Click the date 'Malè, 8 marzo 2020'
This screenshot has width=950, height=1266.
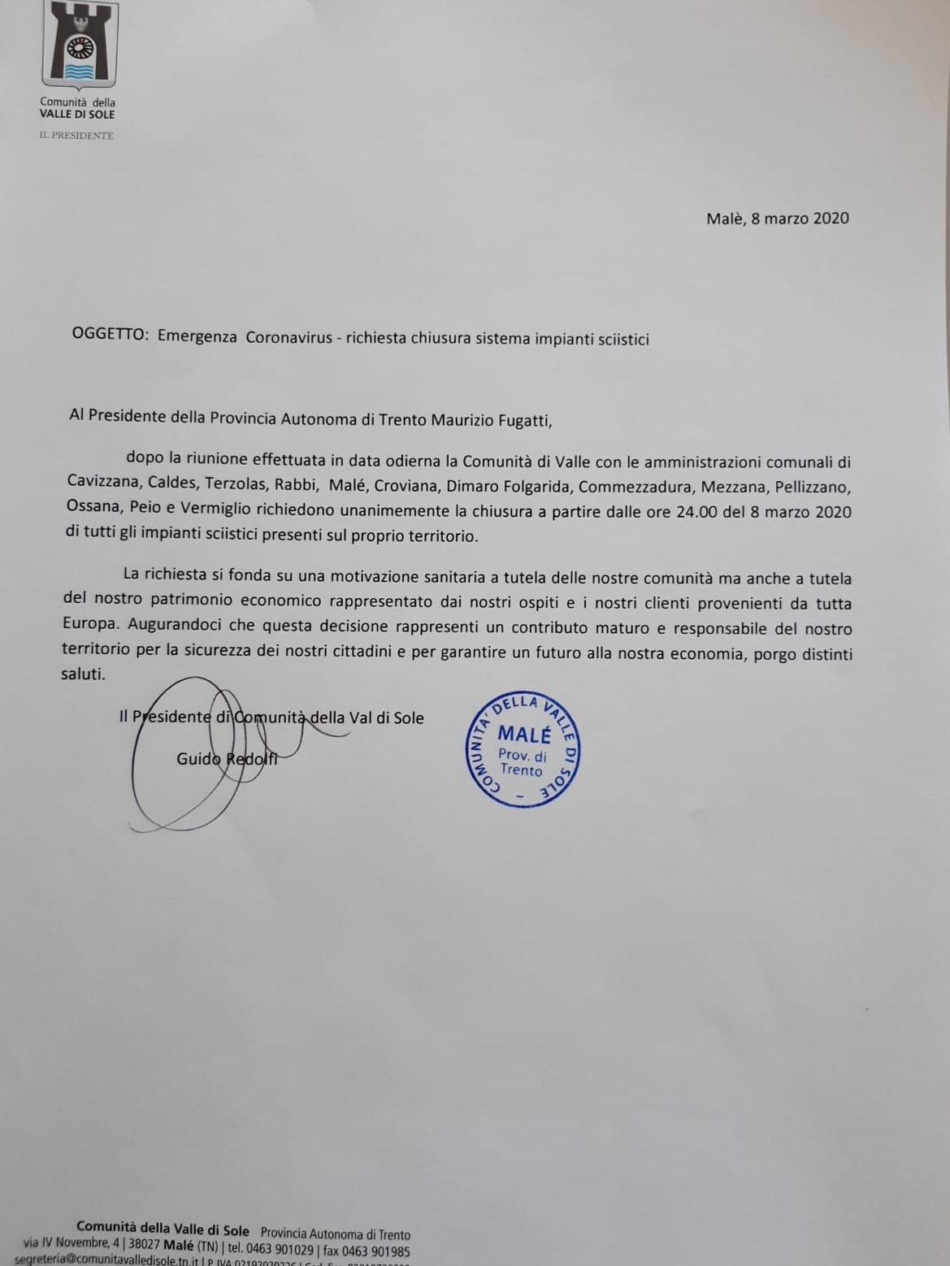(778, 218)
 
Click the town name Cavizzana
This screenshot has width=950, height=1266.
(103, 483)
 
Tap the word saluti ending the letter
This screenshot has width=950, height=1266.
(83, 674)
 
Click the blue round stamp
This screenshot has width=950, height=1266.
(525, 749)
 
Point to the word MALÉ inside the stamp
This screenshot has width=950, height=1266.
(524, 735)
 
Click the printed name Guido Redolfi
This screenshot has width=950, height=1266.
(227, 759)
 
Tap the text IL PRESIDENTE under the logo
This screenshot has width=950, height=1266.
(76, 136)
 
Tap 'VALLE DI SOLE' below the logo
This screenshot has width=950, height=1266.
(77, 115)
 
